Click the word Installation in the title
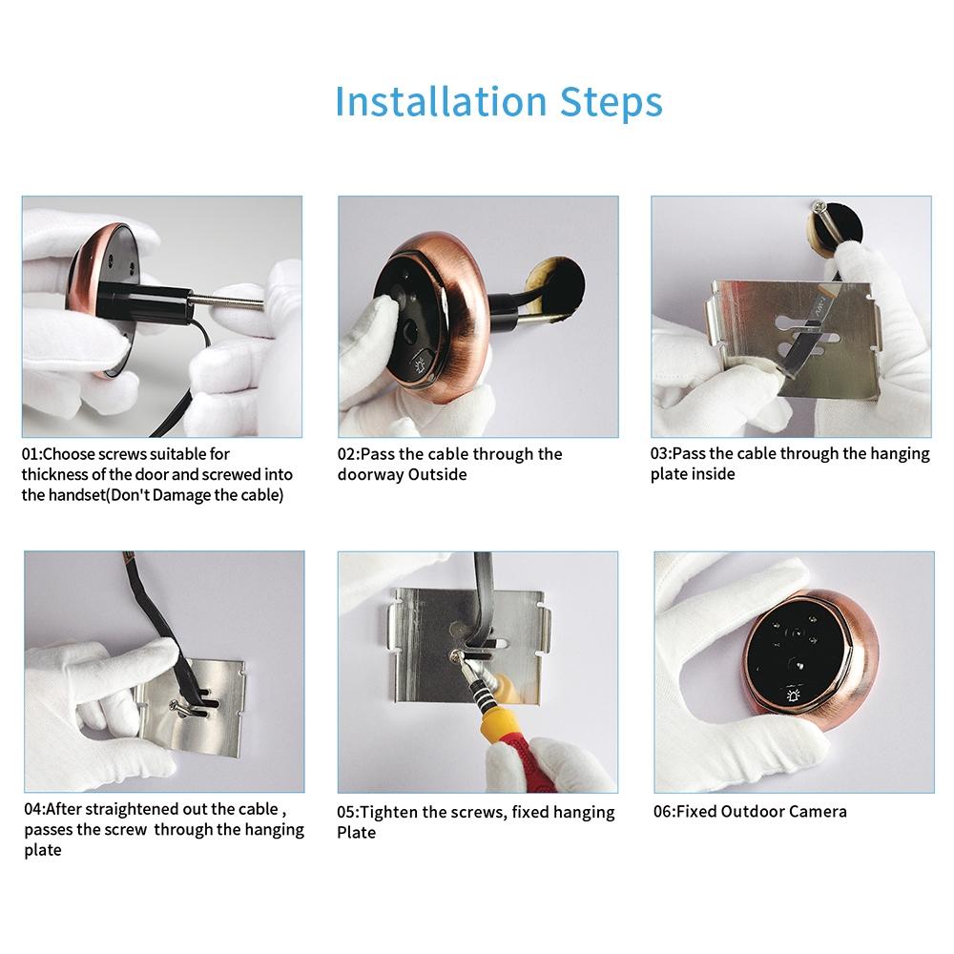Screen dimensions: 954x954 tap(442, 101)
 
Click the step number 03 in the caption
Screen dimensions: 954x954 tap(660, 454)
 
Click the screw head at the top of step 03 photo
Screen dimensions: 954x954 tap(819, 206)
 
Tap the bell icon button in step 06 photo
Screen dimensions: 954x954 tap(791, 697)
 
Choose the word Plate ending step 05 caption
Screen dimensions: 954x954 tap(357, 833)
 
